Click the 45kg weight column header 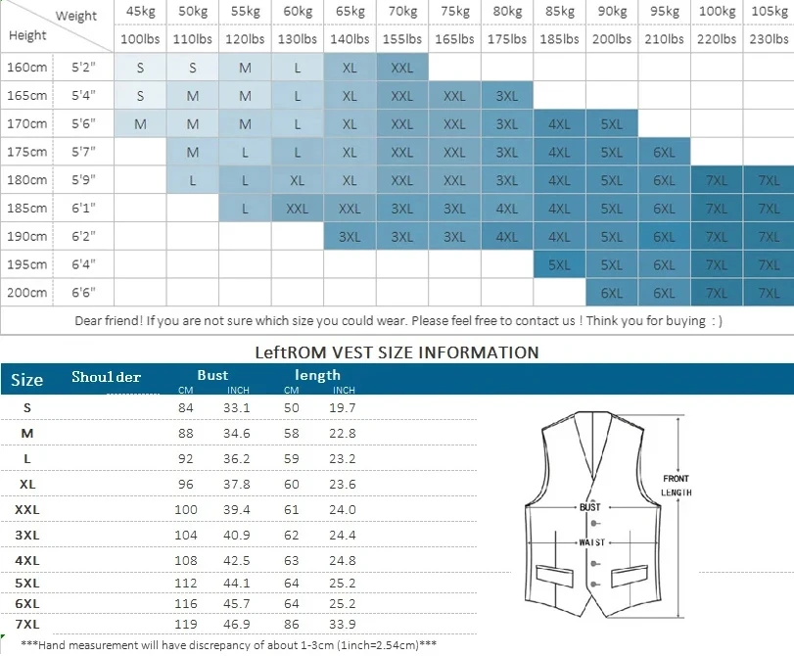click(x=140, y=12)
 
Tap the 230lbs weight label click(x=769, y=39)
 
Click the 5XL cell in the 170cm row click(x=612, y=124)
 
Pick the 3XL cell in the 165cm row click(x=507, y=96)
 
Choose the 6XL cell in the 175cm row click(x=664, y=152)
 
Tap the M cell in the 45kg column click(x=140, y=124)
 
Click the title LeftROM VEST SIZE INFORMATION click(x=397, y=352)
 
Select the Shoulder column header click(x=106, y=377)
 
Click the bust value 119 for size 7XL click(x=185, y=623)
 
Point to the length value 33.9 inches click(x=343, y=623)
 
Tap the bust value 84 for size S click(x=185, y=407)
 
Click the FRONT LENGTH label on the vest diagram click(x=677, y=486)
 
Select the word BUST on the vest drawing click(x=590, y=507)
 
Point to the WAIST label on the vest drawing click(x=590, y=541)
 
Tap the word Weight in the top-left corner click(x=76, y=16)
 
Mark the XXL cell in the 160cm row click(x=402, y=69)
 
